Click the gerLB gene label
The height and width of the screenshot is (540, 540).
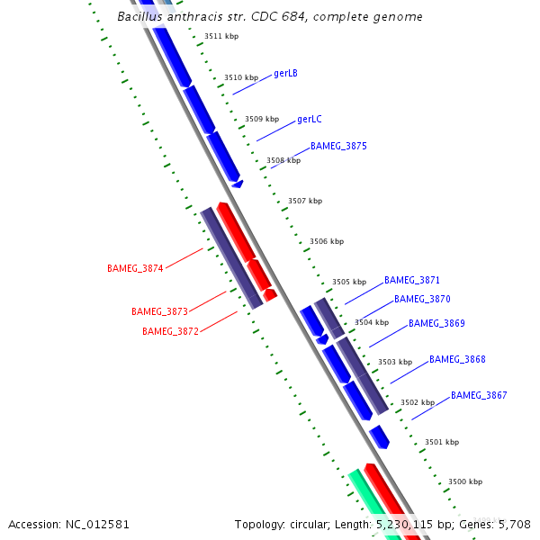285,74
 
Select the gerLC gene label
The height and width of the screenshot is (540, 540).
309,119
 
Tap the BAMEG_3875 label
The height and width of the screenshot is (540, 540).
338,146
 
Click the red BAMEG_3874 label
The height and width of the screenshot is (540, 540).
135,268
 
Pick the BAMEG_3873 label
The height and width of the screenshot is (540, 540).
159,311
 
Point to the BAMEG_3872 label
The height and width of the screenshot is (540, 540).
170,331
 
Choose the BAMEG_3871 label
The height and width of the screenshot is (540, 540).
412,281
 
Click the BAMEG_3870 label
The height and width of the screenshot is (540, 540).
422,299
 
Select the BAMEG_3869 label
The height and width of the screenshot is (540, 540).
436,323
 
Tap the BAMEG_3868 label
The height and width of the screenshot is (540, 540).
457,359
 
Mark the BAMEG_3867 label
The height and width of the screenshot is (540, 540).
479,395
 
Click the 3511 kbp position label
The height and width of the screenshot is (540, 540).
221,37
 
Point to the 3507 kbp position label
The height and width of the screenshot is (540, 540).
305,201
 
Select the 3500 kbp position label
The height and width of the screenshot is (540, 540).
465,481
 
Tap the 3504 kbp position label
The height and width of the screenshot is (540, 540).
372,321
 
